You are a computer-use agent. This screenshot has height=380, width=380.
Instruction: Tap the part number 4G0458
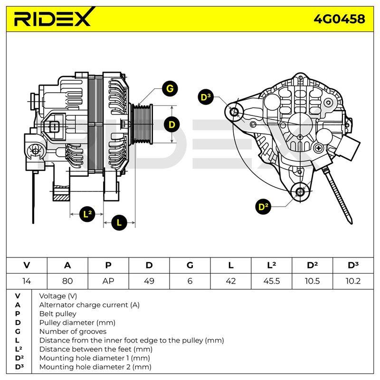339,19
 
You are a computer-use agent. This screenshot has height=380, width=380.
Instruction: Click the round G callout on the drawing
170,89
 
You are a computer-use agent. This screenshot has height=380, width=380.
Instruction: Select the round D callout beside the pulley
172,124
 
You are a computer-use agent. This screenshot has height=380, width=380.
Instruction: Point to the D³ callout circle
206,97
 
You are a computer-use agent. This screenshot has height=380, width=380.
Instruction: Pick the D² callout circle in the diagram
263,207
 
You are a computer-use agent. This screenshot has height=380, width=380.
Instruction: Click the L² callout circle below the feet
87,214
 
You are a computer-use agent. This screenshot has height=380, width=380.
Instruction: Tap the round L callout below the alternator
119,222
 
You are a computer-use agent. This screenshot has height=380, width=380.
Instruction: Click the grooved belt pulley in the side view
142,124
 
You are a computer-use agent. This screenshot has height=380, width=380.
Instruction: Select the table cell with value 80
67,281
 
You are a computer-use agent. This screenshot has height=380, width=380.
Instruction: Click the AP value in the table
108,281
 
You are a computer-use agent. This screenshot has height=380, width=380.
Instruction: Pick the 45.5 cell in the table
271,281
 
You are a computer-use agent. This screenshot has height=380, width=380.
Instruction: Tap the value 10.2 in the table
353,281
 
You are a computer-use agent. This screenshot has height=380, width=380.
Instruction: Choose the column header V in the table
27,266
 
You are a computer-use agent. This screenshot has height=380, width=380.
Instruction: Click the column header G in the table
190,266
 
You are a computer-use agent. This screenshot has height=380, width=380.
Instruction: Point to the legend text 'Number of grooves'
73,331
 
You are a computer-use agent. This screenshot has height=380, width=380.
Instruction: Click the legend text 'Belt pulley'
57,313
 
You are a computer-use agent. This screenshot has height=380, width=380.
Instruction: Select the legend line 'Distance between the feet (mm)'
96,349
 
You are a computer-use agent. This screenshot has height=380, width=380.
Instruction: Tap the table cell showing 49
149,281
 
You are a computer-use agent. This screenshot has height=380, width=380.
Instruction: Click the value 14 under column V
27,281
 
